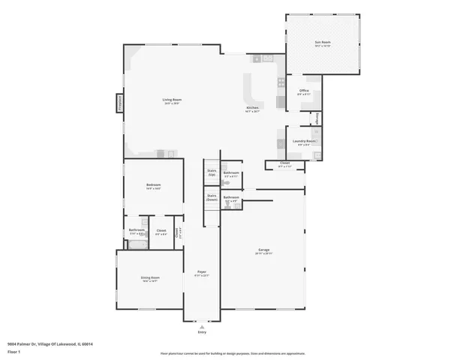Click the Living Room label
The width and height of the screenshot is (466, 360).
[172, 100]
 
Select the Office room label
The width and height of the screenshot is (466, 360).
[304, 91]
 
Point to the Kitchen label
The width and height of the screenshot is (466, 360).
[253, 108]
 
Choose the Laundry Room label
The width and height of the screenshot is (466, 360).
[304, 141]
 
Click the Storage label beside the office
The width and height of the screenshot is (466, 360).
[317, 118]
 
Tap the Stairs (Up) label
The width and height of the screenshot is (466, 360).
[212, 172]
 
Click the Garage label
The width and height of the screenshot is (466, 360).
[263, 250]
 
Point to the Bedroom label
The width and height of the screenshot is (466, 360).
[153, 184]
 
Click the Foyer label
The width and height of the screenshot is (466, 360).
[202, 271]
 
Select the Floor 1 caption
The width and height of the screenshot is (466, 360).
[14, 351]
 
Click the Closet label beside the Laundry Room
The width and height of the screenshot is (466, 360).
[284, 163]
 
